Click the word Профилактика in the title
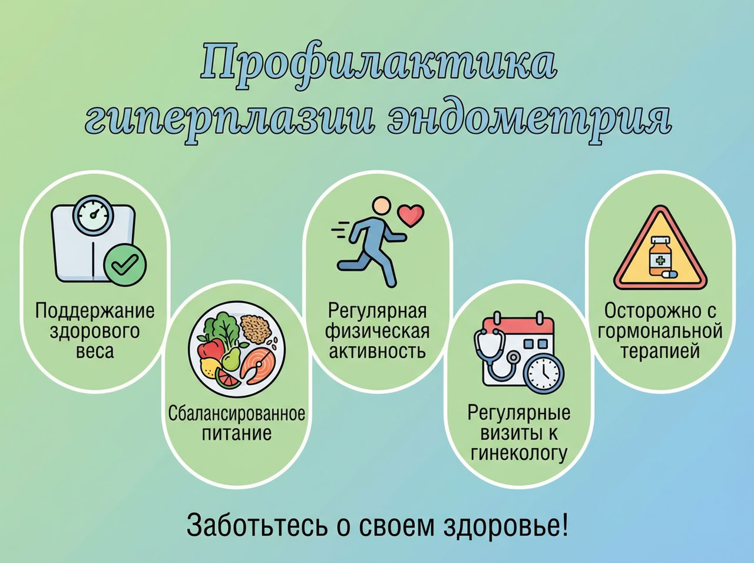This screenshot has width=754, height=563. [378, 66]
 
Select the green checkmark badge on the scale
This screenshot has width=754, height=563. [125, 264]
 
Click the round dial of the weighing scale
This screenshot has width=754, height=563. [92, 215]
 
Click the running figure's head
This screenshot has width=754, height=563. [382, 206]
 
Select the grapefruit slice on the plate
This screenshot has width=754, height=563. [227, 378]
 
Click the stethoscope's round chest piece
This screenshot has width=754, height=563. [514, 358]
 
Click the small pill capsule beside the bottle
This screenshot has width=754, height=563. [670, 274]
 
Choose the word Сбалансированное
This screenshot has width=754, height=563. [237, 413]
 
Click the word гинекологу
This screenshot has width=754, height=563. [519, 454]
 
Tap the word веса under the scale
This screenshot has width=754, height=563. [94, 353]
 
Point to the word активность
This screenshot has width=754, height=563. [377, 352]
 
